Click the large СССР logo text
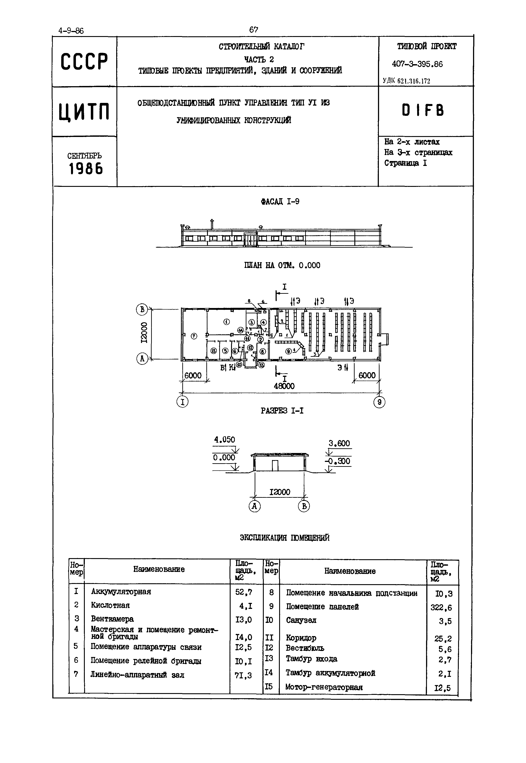point(84,62)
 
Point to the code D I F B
point(423,110)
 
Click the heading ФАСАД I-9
point(280,202)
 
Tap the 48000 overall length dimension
point(284,386)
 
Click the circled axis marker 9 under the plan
point(379,402)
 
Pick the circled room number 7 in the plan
point(194,336)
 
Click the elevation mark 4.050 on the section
point(224,440)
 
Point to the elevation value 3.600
point(339,443)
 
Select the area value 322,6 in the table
point(441,607)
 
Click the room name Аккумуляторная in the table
point(121,592)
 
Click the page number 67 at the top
point(254,30)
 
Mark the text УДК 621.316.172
point(406,81)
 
